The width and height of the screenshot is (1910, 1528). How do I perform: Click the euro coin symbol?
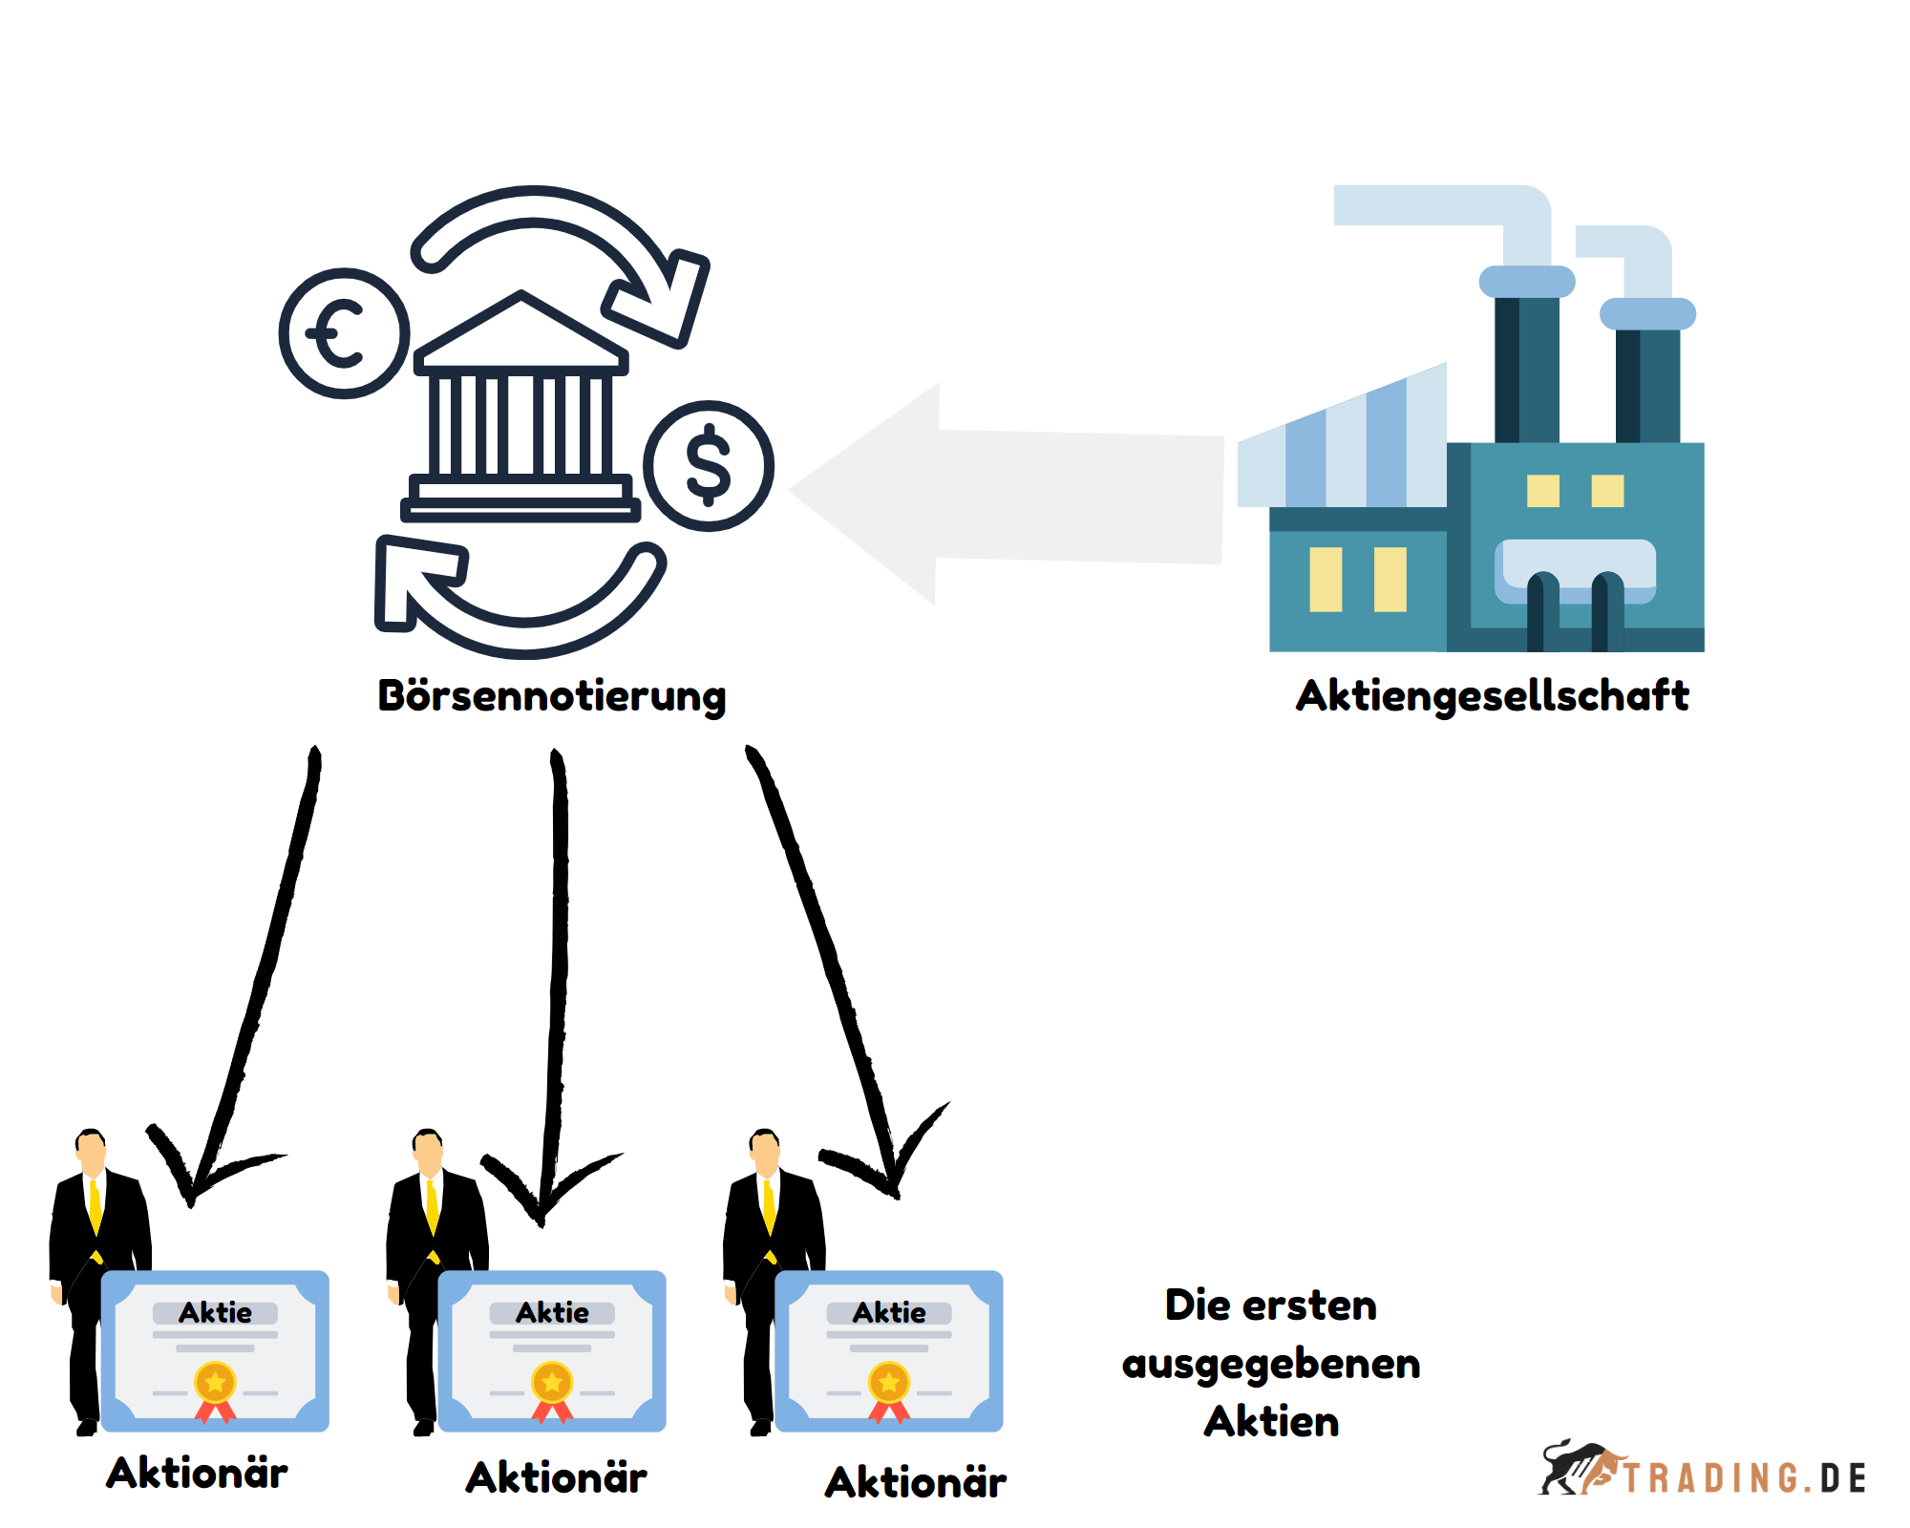click(344, 333)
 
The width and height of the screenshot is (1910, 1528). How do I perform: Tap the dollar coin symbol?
click(708, 465)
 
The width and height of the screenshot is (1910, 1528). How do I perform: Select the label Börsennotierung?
click(552, 696)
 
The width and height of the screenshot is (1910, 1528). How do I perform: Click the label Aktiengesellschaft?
click(1492, 696)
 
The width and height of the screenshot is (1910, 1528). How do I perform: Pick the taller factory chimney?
click(1526, 363)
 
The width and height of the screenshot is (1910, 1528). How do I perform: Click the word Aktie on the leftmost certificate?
click(215, 1313)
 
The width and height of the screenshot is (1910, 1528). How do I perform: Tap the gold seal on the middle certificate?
click(552, 1383)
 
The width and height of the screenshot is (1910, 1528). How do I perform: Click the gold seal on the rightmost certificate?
click(889, 1383)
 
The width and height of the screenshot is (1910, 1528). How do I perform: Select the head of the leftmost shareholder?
click(91, 1151)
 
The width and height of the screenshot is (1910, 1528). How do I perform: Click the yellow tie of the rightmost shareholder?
click(770, 1208)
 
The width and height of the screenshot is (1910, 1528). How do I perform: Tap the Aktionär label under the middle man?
click(556, 1478)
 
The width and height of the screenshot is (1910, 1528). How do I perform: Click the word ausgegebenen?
click(1271, 1364)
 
